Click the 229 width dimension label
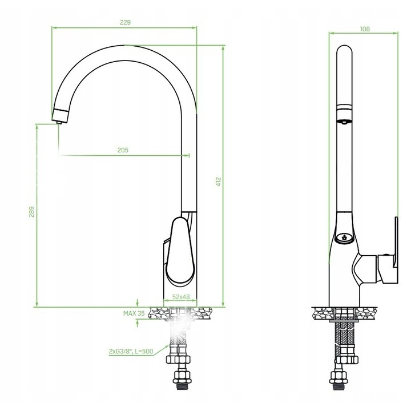(125, 22)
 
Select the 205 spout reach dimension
(123, 150)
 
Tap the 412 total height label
(219, 182)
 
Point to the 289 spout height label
(31, 212)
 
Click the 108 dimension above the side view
(365, 29)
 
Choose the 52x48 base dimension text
(181, 297)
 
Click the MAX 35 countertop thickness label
(134, 313)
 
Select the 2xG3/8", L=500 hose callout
(131, 351)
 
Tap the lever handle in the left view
(180, 251)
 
